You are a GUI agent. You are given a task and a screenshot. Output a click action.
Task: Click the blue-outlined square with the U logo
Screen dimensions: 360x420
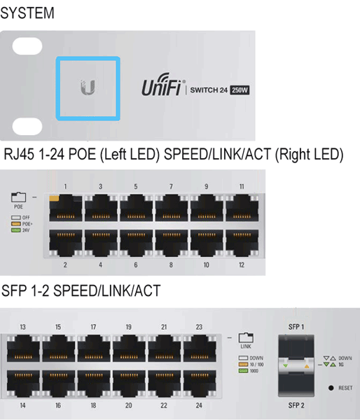(x=88, y=88)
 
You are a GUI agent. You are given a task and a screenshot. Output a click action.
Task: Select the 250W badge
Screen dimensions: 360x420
(x=240, y=90)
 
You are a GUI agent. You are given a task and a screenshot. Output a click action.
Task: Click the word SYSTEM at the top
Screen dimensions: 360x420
(x=27, y=13)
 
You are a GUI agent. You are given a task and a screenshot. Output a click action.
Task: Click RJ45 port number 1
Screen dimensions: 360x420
(x=66, y=208)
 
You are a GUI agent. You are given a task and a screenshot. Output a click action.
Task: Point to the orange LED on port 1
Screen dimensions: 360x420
(x=54, y=198)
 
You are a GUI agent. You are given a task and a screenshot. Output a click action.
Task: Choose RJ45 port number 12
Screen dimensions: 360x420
(x=242, y=243)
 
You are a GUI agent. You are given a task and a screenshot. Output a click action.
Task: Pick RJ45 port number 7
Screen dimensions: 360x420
(x=172, y=208)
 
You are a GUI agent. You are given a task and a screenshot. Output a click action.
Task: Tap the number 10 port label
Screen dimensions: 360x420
(x=206, y=265)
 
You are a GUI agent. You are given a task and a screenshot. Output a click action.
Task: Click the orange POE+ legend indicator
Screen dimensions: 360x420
(x=16, y=224)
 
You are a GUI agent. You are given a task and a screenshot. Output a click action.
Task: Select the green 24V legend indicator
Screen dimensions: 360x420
(x=16, y=230)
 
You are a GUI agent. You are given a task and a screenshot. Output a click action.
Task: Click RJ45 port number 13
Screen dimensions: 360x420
(x=23, y=348)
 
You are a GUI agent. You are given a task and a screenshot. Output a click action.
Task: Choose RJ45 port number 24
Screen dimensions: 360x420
(x=200, y=384)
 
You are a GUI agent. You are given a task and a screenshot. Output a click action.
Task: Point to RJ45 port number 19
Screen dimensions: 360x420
(x=129, y=348)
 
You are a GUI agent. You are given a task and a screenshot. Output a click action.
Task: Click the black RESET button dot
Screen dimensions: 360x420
(x=331, y=388)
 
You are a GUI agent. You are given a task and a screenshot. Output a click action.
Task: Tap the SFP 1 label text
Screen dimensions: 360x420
(x=296, y=327)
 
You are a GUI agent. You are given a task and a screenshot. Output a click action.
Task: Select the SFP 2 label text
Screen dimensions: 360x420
(x=296, y=405)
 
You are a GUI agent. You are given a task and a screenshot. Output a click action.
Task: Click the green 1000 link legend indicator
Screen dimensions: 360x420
(x=243, y=371)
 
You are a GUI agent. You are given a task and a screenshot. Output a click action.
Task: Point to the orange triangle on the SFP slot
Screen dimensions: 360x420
(x=307, y=366)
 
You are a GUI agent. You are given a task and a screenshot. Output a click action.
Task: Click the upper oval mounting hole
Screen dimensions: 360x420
(x=27, y=46)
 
